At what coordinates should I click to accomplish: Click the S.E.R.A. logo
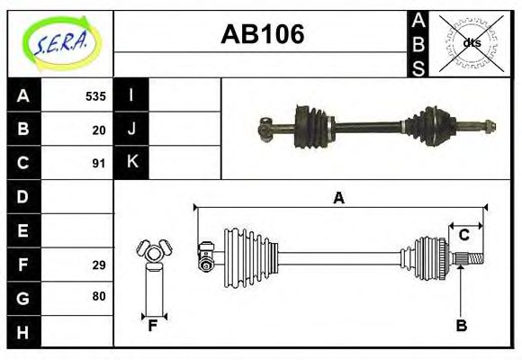[x=60, y=42]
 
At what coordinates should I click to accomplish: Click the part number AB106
[x=262, y=34]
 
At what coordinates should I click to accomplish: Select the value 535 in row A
[x=95, y=95]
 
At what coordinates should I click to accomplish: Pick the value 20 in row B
[x=99, y=130]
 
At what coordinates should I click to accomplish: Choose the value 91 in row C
[x=99, y=164]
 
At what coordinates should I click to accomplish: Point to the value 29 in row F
[x=99, y=265]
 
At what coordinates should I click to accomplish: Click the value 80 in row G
[x=99, y=296]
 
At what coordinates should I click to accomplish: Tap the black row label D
[x=23, y=196]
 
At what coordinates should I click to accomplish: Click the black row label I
[x=131, y=95]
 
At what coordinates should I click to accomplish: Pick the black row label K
[x=131, y=163]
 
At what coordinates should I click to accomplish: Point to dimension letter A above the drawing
[x=339, y=198]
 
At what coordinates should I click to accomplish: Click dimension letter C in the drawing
[x=464, y=235]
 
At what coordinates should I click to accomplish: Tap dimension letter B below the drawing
[x=461, y=326]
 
